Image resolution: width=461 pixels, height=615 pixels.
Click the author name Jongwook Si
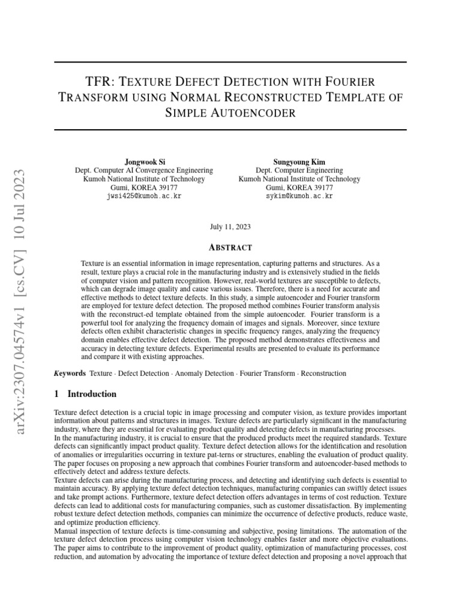pyautogui.click(x=143, y=162)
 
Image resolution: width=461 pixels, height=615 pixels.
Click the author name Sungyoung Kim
pyautogui.click(x=300, y=162)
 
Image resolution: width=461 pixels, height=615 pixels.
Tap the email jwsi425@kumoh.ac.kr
pyautogui.click(x=143, y=196)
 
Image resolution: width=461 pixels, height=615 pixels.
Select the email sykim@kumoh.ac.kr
pyautogui.click(x=300, y=196)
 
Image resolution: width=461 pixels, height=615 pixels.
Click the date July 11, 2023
pyautogui.click(x=230, y=227)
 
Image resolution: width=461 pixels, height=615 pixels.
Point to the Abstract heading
pyautogui.click(x=230, y=247)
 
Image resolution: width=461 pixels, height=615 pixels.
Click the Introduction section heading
pyautogui.click(x=92, y=394)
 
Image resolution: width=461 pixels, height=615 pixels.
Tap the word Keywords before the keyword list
pyautogui.click(x=70, y=374)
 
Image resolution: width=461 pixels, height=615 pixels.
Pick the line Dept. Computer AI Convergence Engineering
pyautogui.click(x=143, y=171)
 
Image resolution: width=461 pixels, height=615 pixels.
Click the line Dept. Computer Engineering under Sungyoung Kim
pyautogui.click(x=300, y=171)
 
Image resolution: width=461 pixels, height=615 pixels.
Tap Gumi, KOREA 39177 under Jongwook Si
pyautogui.click(x=143, y=187)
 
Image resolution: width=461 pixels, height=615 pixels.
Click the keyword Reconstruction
pyautogui.click(x=324, y=374)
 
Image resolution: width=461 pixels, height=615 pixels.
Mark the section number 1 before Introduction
pyautogui.click(x=56, y=394)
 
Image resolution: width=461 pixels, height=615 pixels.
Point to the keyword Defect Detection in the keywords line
pyautogui.click(x=143, y=374)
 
